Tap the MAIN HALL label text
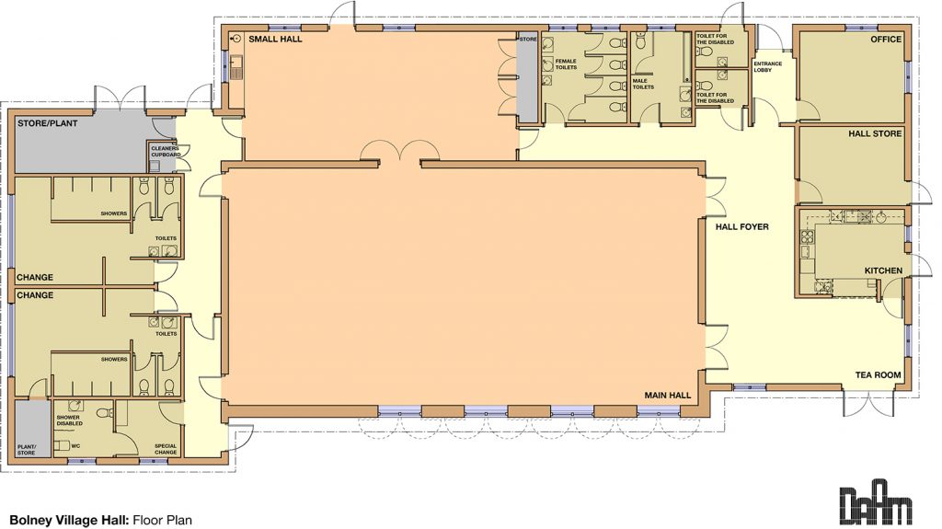point(667,395)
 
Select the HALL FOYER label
point(741,226)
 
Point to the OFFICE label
point(886,40)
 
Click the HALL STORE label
point(875,134)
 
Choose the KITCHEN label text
point(882,270)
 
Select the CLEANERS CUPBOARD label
point(165,153)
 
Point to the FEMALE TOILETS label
point(566,64)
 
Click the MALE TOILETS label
point(641,84)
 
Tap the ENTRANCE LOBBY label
point(767,66)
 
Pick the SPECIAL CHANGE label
point(166,449)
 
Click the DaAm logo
point(876,501)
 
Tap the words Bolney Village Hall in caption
point(69,519)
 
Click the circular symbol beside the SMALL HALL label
point(236,40)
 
